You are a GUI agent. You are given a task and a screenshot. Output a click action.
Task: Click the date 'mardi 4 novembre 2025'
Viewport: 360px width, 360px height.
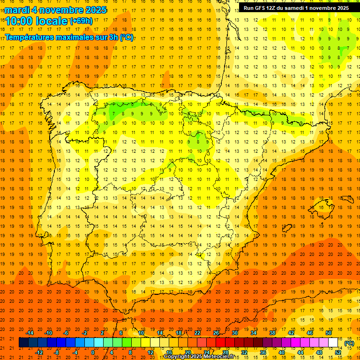point(56,10)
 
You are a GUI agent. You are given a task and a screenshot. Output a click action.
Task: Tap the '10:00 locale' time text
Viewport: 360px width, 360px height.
point(37,21)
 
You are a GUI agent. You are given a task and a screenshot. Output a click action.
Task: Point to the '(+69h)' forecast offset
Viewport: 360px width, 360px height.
point(82,21)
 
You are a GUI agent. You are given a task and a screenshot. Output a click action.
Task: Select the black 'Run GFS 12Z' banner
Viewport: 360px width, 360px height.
point(296,7)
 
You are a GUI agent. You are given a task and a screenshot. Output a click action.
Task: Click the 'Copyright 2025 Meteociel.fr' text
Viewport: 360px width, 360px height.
point(199,357)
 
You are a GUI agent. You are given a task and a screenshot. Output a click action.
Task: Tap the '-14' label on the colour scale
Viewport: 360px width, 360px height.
point(30,333)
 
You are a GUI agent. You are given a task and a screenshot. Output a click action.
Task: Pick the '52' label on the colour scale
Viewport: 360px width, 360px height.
point(338,352)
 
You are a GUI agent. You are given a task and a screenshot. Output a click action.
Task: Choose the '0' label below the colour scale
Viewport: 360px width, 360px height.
point(93,352)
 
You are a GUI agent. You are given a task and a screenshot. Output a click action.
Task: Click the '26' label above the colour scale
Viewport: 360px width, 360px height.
point(216,333)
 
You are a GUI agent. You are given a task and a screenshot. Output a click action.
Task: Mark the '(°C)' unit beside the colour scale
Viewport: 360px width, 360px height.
point(349,343)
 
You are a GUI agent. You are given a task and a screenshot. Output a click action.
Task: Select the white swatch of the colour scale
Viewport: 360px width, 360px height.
point(333,343)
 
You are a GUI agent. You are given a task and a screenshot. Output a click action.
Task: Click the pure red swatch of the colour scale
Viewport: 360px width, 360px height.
point(220,343)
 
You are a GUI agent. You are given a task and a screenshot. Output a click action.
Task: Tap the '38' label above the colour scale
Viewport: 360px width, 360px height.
point(272,333)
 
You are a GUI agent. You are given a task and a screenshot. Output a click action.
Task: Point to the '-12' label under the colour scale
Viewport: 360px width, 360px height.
point(39,352)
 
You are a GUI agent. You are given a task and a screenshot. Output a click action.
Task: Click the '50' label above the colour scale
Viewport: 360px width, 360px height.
point(329,333)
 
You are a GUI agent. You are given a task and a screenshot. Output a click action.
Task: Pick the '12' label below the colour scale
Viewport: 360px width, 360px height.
point(150,352)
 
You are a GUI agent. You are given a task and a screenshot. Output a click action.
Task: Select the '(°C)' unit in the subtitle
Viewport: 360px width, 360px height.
point(126,37)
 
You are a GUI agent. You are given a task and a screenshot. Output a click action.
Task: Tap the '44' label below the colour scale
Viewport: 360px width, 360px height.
point(300,352)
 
